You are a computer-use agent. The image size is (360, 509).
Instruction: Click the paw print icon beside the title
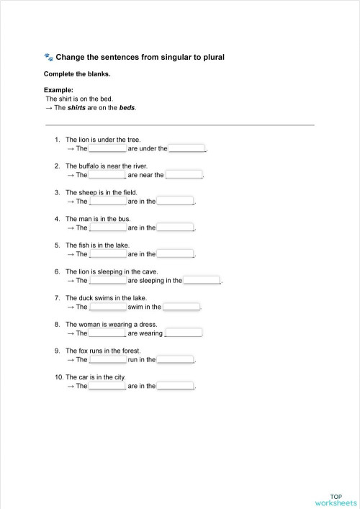pyautogui.click(x=48, y=56)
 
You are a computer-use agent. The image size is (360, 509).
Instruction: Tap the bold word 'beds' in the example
pyautogui.click(x=127, y=108)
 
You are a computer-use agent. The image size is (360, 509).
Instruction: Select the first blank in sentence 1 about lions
pyautogui.click(x=107, y=148)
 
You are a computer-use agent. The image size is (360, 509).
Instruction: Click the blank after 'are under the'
pyautogui.click(x=187, y=148)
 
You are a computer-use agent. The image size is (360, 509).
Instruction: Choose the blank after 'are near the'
pyautogui.click(x=184, y=175)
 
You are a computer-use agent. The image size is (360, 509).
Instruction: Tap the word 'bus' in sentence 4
pyautogui.click(x=123, y=219)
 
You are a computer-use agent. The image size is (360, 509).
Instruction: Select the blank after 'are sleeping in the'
pyautogui.click(x=202, y=281)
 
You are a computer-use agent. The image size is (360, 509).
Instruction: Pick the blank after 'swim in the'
pyautogui.click(x=181, y=307)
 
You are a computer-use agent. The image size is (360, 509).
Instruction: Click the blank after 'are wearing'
pyautogui.click(x=184, y=333)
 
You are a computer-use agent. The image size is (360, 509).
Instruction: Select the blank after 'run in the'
pyautogui.click(x=176, y=360)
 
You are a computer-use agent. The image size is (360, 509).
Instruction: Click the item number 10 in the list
pyautogui.click(x=58, y=377)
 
